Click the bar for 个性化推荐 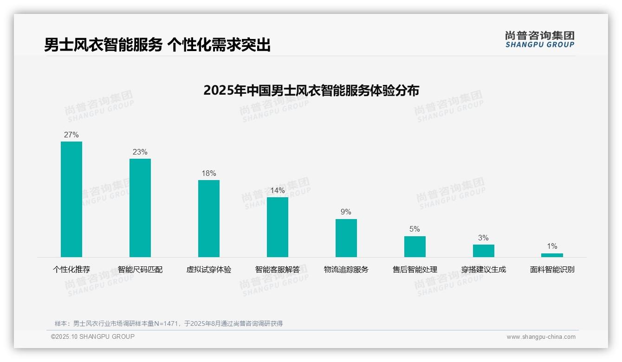click(71, 199)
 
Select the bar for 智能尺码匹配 click(140, 207)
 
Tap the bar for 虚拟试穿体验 click(209, 218)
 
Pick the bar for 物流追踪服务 click(346, 238)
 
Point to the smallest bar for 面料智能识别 click(552, 255)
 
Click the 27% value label click(71, 135)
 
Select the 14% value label click(278, 190)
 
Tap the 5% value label click(415, 229)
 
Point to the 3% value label click(483, 238)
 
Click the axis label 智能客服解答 click(278, 269)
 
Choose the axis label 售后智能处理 click(415, 269)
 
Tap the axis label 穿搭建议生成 click(484, 269)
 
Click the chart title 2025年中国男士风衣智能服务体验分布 click(311, 90)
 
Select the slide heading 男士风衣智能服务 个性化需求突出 click(157, 45)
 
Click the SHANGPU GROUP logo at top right click(540, 39)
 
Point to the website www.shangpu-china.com click(541, 337)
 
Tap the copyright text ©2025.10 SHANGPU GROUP click(93, 336)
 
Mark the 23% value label click(140, 152)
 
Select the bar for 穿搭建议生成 click(483, 251)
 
